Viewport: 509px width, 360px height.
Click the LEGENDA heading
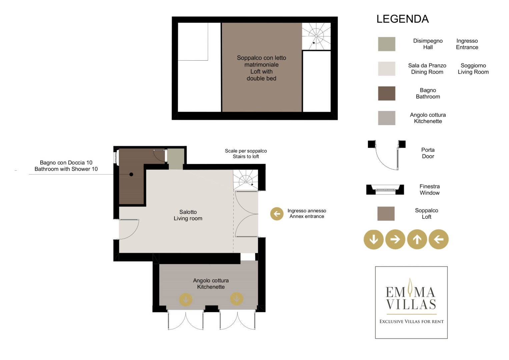402,19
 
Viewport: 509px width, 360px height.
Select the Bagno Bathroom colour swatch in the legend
387,93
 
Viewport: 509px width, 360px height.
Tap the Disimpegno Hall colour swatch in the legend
387,44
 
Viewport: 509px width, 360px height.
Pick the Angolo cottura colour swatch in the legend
387,118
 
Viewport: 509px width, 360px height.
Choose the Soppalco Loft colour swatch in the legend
386,213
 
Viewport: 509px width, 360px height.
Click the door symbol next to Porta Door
387,155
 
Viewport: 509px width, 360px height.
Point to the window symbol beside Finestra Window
385,190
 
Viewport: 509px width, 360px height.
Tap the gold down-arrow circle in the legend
374,239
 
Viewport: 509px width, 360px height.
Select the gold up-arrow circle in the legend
417,239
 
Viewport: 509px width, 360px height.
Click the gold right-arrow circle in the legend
395,239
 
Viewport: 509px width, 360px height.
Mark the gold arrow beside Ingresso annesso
277,214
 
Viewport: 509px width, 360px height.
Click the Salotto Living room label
188,215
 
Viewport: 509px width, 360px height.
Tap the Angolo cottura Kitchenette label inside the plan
211,283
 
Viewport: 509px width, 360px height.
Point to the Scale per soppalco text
246,151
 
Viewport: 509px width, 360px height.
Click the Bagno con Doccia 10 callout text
66,163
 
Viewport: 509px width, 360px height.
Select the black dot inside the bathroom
131,174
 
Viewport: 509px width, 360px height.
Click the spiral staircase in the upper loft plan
316,36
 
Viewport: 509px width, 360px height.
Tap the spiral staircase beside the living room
246,180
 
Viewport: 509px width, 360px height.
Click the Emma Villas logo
411,302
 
